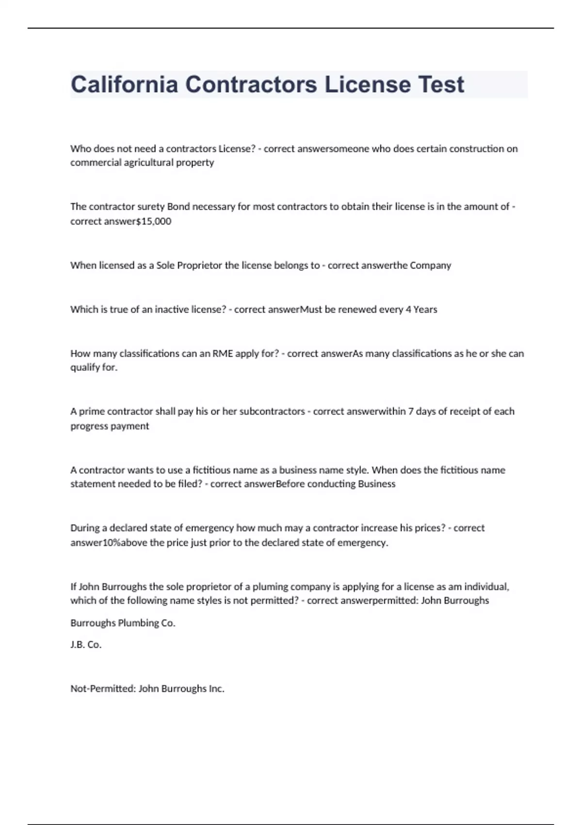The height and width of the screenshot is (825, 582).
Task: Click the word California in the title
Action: pyautogui.click(x=124, y=84)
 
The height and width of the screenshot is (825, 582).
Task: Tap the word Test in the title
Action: pyautogui.click(x=441, y=84)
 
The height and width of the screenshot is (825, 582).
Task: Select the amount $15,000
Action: pyautogui.click(x=154, y=221)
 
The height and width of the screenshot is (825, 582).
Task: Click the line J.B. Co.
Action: pyautogui.click(x=86, y=645)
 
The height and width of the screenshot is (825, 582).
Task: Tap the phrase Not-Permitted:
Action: pyautogui.click(x=103, y=689)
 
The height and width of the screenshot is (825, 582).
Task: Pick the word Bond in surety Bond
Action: pyautogui.click(x=178, y=207)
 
